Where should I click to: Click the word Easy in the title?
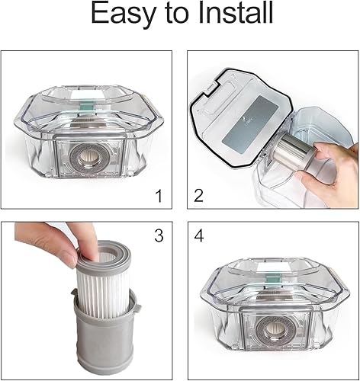pyautogui.click(x=123, y=14)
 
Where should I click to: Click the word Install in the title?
pyautogui.click(x=235, y=12)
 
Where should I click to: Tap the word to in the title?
pyautogui.click(x=177, y=14)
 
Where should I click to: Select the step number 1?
pyautogui.click(x=159, y=196)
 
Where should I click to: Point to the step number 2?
pyautogui.click(x=198, y=196)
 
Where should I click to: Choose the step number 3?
pyautogui.click(x=159, y=235)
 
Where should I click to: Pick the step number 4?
pyautogui.click(x=199, y=235)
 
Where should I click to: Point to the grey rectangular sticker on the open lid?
pyautogui.click(x=249, y=123)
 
